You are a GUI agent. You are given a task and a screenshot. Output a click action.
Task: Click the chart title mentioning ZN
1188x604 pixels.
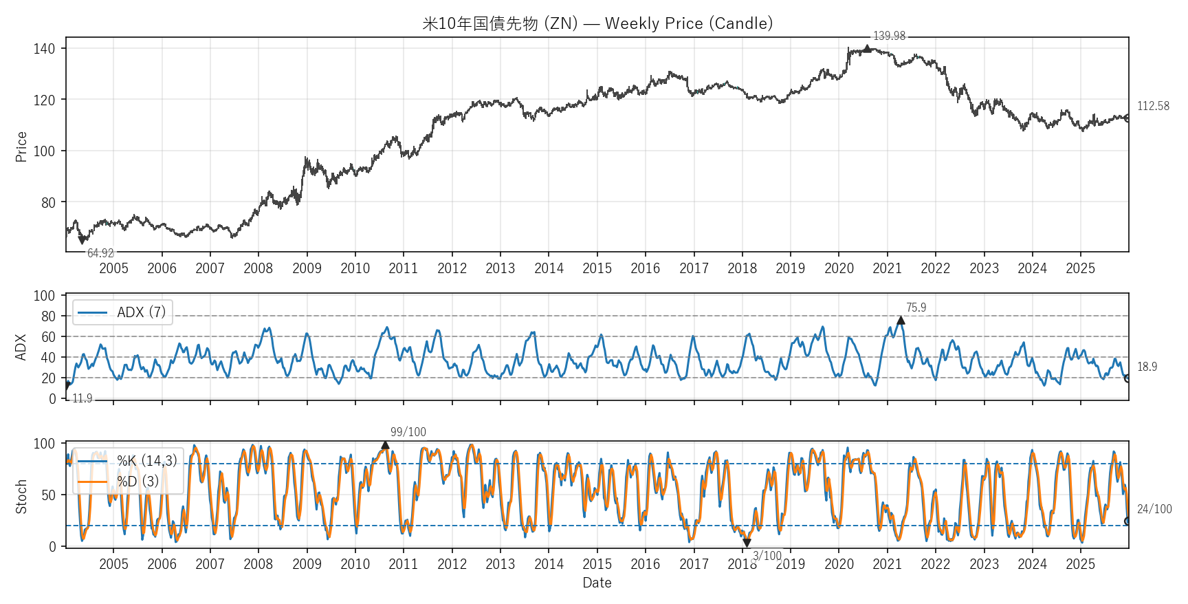point(597,23)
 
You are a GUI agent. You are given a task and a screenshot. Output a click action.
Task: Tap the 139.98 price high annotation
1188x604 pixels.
point(889,36)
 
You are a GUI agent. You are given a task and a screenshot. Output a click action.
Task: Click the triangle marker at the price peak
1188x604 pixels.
point(867,49)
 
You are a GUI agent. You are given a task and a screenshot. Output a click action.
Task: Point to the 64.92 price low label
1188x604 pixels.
point(100,253)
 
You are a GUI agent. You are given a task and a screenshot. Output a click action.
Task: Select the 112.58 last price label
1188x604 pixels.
point(1153,106)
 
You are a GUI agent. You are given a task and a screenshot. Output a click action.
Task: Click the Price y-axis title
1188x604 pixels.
point(21,147)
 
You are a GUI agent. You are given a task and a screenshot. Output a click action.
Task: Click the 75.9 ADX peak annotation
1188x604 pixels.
point(916,308)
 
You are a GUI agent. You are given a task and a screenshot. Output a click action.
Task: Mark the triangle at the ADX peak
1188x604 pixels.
point(901,321)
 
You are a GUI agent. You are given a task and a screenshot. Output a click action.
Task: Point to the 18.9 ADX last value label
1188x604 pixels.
point(1147,367)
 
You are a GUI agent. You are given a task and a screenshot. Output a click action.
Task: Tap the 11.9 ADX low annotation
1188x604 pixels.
point(82,398)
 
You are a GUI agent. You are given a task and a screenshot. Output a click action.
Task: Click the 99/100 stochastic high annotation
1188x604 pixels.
point(408,432)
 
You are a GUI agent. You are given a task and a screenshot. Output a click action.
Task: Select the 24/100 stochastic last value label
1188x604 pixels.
point(1154,509)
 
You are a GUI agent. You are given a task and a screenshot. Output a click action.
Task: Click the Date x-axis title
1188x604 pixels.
point(597,583)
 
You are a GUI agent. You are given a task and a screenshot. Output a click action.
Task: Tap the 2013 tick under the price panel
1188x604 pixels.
point(500,268)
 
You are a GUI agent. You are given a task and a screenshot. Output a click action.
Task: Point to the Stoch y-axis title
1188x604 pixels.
point(21,497)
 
